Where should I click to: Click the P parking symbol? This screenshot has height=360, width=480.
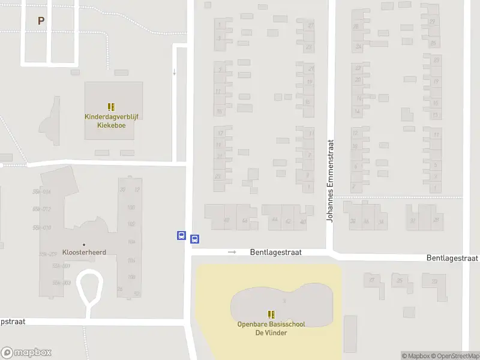tap(41, 21)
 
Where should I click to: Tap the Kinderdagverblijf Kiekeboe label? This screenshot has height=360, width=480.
tap(112, 121)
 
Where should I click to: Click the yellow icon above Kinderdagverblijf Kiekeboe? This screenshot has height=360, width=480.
tap(112, 107)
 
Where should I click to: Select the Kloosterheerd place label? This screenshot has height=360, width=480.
tap(84, 252)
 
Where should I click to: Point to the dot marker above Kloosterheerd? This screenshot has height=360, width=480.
tap(84, 244)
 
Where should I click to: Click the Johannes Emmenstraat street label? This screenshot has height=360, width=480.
tap(329, 181)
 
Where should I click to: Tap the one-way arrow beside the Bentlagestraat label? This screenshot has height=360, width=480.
tap(232, 253)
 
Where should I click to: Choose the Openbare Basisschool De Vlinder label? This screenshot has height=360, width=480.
tap(271, 328)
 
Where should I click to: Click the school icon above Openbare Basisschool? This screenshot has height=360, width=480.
tap(271, 314)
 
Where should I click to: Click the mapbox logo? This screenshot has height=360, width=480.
tap(26, 353)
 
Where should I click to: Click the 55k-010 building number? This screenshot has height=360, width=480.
tap(42, 227)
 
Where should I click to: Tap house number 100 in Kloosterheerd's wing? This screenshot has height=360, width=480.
tap(131, 208)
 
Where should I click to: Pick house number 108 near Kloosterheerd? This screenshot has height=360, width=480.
tap(131, 277)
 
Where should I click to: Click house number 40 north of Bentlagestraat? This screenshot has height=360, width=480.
tap(303, 221)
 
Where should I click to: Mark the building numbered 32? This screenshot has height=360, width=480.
tap(412, 221)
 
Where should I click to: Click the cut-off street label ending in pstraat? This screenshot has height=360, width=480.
tap(13, 322)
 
